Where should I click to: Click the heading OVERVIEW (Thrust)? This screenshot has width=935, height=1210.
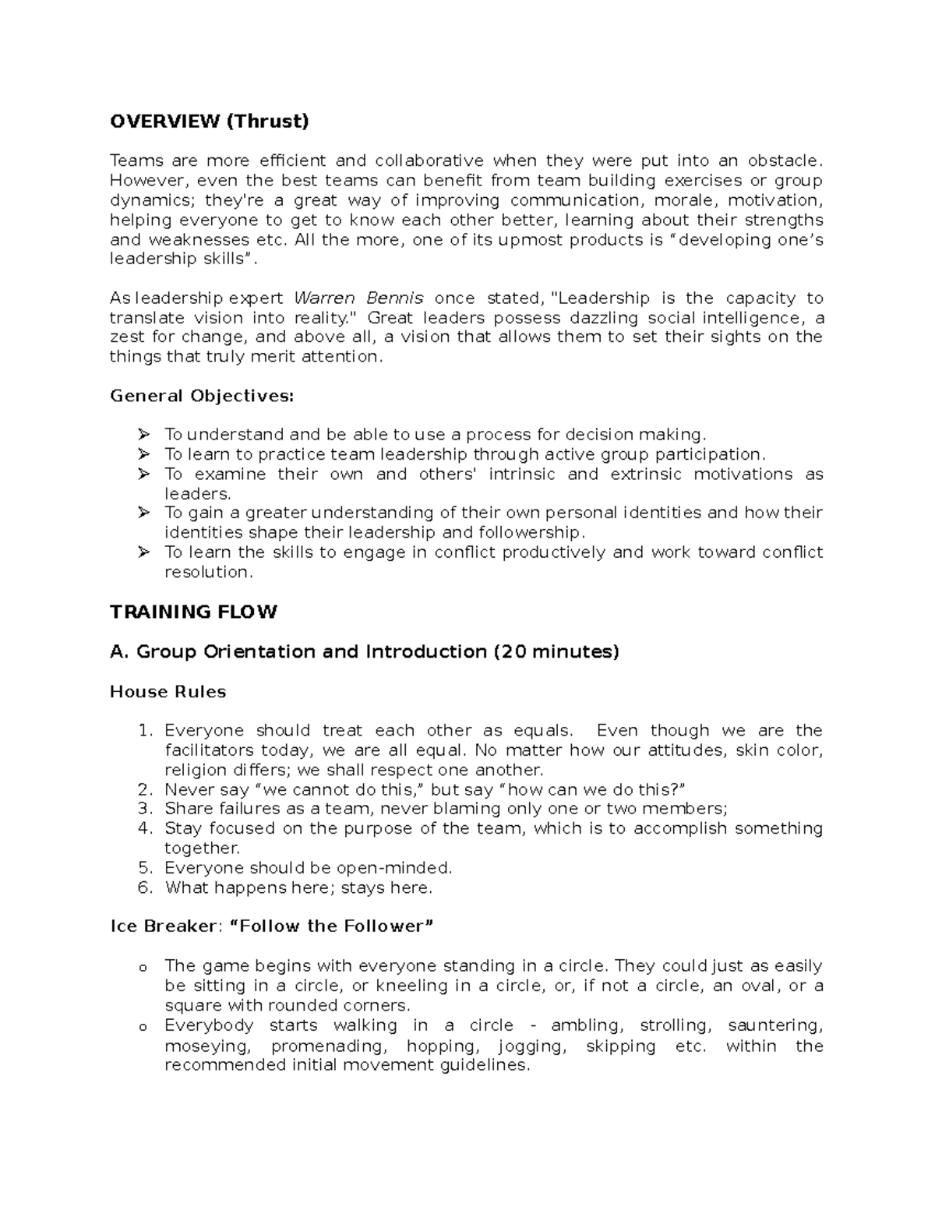[209, 122]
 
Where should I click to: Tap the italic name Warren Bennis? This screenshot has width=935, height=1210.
[358, 298]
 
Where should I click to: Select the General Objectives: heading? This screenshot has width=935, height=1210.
[202, 396]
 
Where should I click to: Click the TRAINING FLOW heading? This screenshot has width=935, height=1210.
[193, 612]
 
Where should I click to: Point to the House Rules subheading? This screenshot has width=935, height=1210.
[168, 692]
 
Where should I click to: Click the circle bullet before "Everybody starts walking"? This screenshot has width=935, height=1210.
[142, 1028]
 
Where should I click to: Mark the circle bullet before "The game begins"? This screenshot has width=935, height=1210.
[142, 968]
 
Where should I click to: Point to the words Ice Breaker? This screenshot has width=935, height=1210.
[161, 926]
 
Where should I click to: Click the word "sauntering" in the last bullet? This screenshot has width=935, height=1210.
[774, 1026]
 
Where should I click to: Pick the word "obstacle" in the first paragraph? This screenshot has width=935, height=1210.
[782, 161]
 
